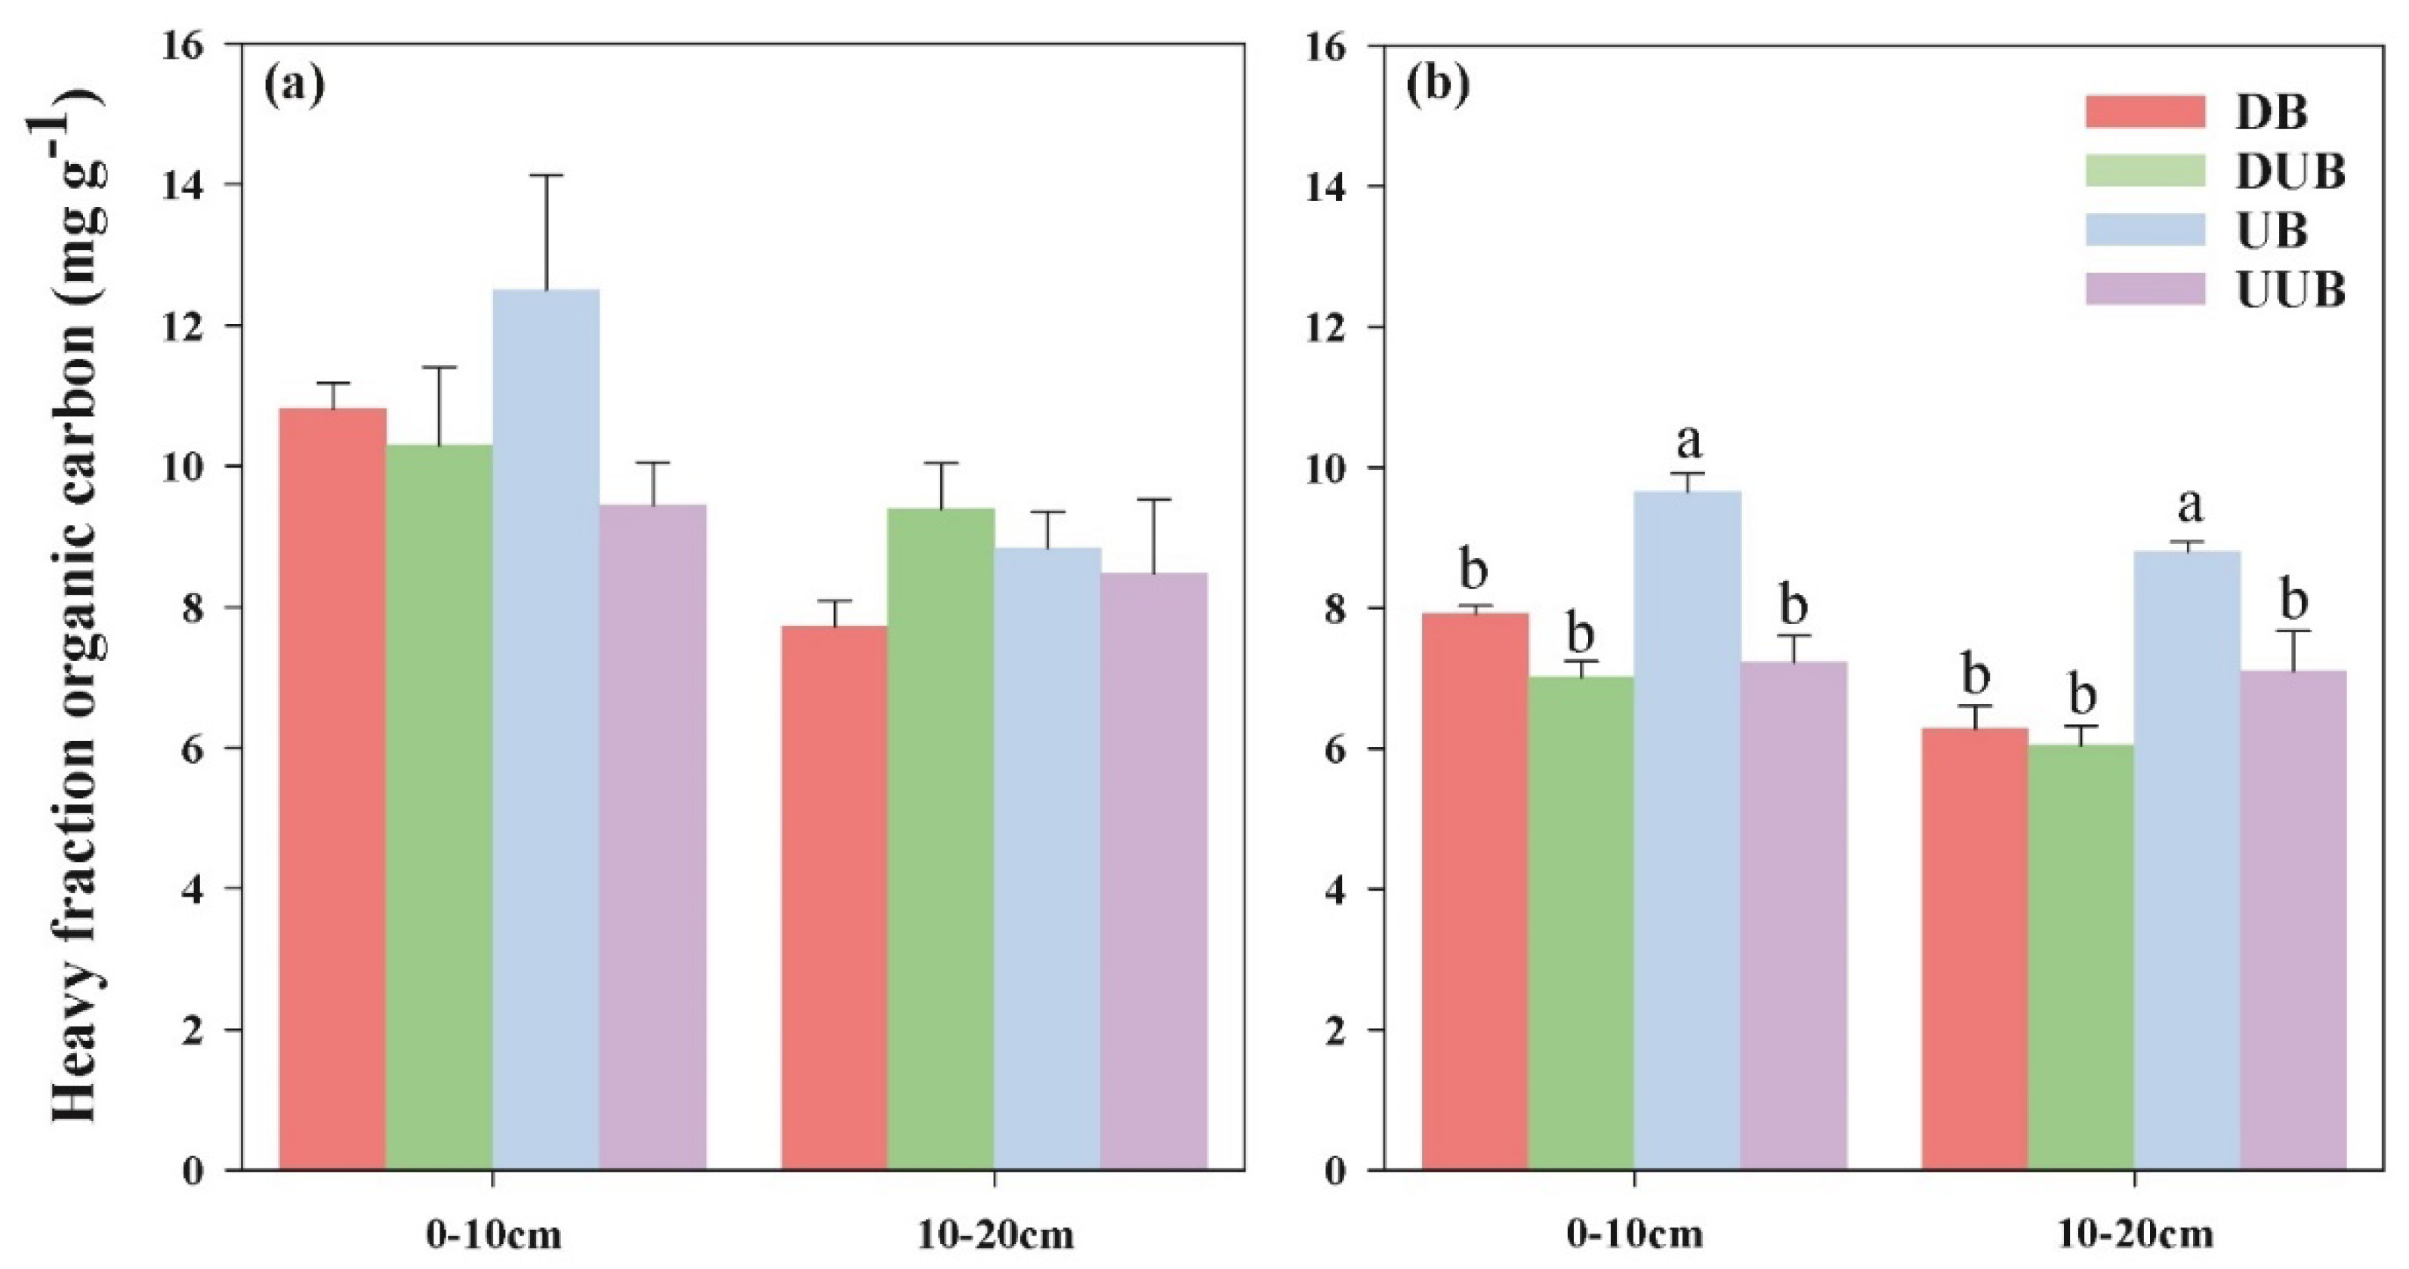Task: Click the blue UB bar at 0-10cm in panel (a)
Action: (x=546, y=730)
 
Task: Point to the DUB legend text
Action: (x=2289, y=171)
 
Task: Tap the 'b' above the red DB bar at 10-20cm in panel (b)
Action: (x=1974, y=675)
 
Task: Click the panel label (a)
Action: (x=295, y=85)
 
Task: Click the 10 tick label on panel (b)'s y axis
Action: (x=1326, y=468)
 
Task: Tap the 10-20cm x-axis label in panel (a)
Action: (x=995, y=1235)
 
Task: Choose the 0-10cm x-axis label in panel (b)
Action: (x=1635, y=1235)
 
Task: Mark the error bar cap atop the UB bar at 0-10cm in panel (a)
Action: (x=546, y=175)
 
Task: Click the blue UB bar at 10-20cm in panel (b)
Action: (x=2188, y=860)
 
